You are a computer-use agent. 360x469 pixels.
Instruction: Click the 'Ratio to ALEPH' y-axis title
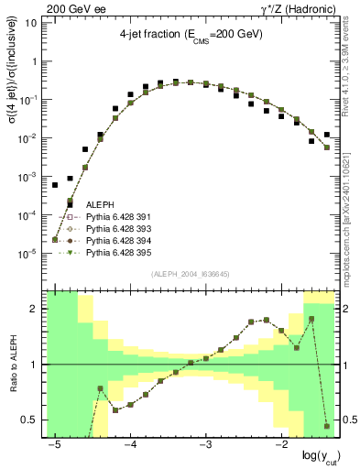click(x=12, y=364)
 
